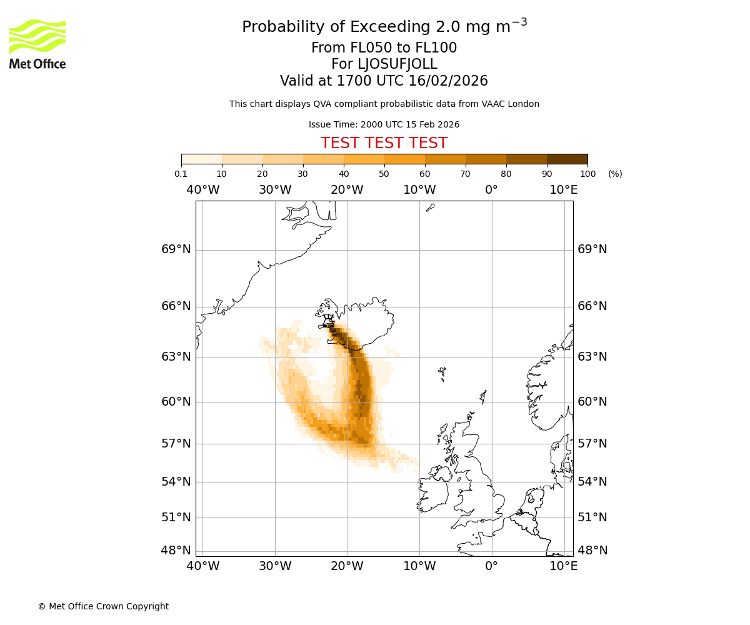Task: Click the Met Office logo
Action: [37, 44]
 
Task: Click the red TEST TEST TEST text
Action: [384, 143]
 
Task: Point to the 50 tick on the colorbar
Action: [384, 174]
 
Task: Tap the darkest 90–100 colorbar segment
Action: [567, 159]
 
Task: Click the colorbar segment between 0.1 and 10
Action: [202, 159]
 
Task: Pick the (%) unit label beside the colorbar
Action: [615, 174]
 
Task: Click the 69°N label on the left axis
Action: [176, 249]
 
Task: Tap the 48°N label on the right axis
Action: [592, 551]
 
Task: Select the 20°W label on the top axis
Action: [347, 189]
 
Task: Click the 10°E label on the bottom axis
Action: [563, 566]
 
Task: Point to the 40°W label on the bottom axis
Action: [203, 566]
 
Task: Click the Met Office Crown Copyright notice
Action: [103, 606]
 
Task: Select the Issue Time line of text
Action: [384, 124]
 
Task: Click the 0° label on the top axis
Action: [491, 189]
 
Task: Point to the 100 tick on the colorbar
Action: [587, 174]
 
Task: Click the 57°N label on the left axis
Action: [176, 444]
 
